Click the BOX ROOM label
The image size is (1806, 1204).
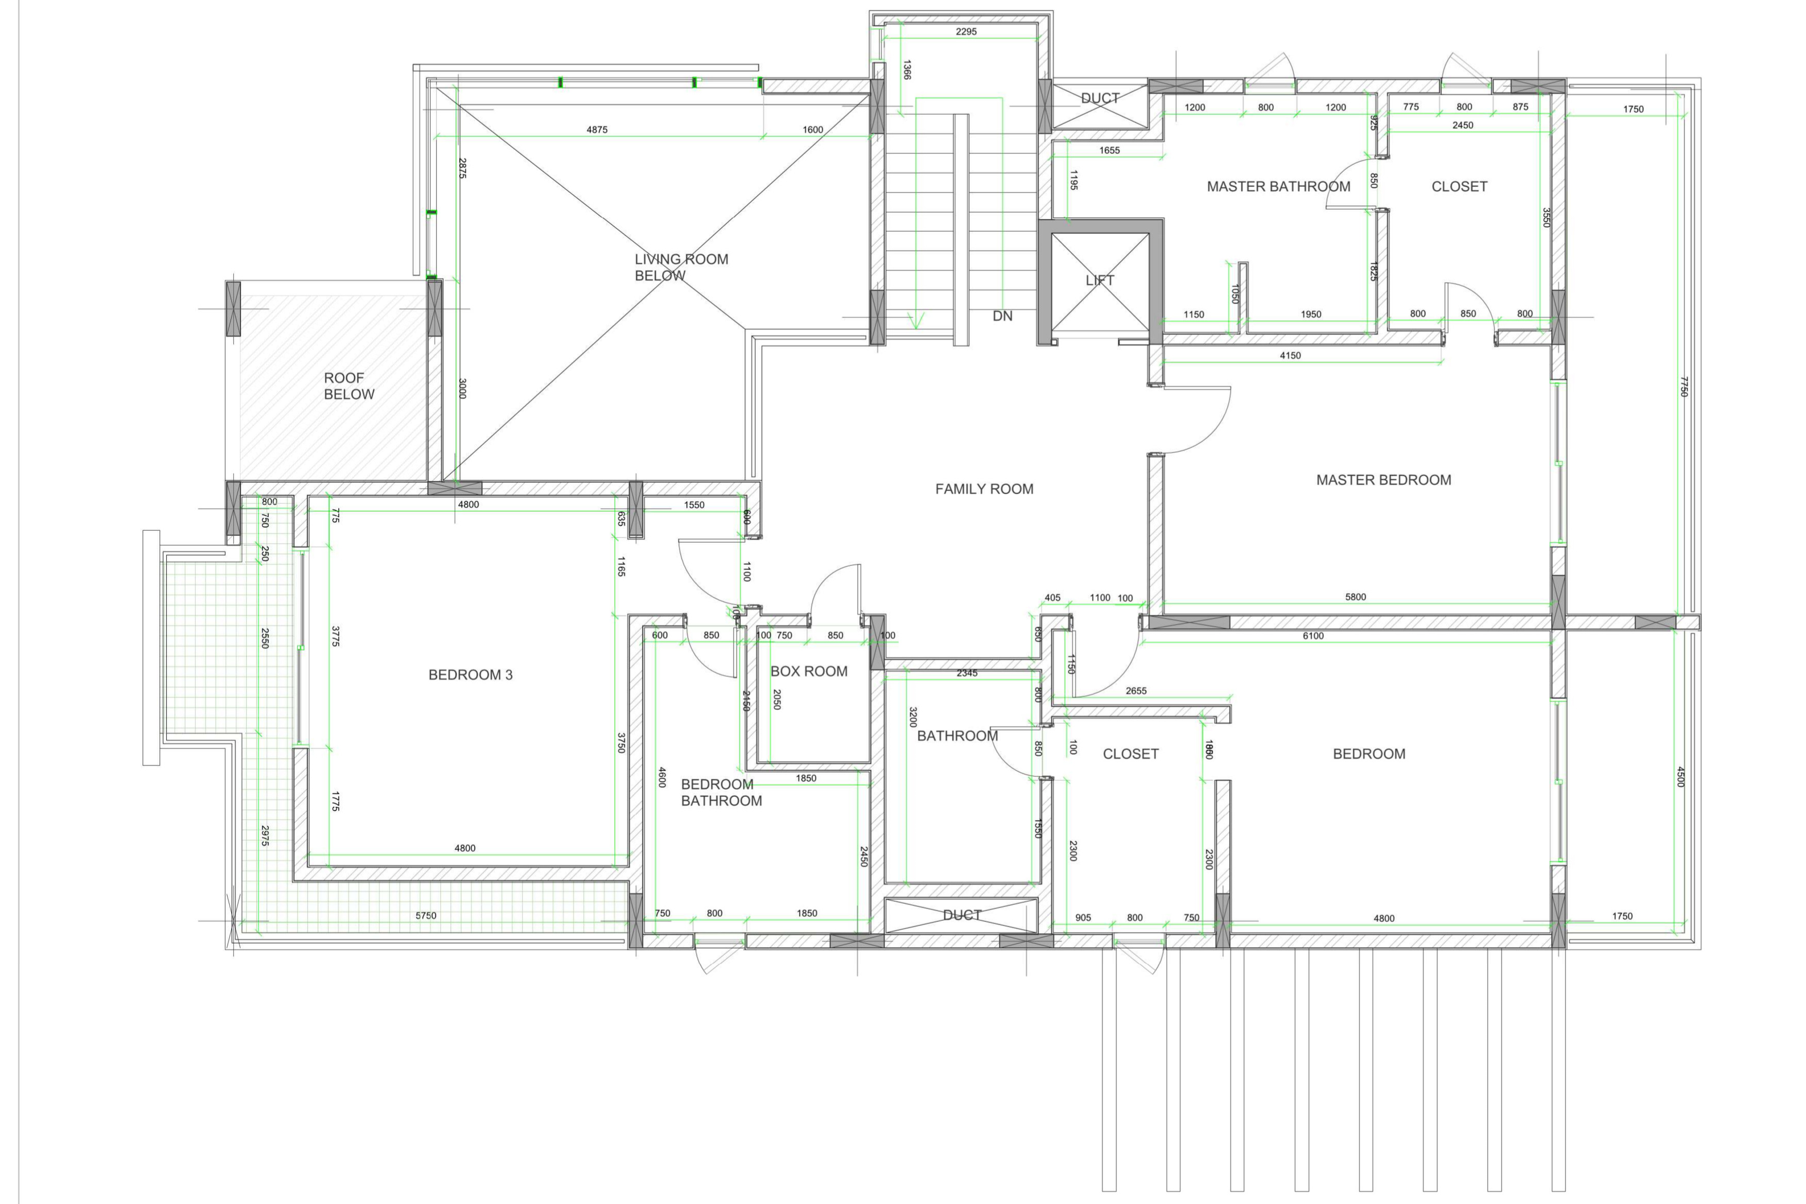(x=809, y=671)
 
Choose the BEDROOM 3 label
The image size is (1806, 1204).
(x=470, y=675)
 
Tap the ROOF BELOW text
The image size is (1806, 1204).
(x=349, y=386)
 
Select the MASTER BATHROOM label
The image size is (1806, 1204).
(x=1278, y=186)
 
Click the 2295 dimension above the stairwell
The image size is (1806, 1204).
(x=966, y=31)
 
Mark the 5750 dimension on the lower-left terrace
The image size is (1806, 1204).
(x=425, y=915)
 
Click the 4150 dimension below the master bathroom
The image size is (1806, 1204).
(x=1290, y=356)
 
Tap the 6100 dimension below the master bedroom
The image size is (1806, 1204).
(x=1312, y=636)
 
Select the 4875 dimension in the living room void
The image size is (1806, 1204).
(x=597, y=130)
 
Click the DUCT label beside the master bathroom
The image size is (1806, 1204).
(x=1100, y=98)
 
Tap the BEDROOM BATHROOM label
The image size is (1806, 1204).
(x=721, y=792)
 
